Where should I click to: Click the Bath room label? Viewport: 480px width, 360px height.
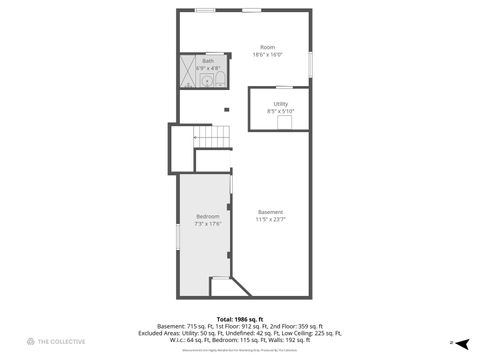[208, 61]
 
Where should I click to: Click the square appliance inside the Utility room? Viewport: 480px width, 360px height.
[284, 121]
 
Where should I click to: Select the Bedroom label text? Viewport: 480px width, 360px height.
[208, 216]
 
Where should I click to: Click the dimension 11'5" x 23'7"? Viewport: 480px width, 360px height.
[271, 218]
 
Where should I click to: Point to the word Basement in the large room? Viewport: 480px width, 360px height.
[271, 211]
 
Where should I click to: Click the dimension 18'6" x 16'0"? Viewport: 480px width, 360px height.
[267, 54]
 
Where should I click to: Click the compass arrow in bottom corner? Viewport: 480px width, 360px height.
[452, 342]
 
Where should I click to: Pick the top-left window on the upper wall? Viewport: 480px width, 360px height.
[205, 10]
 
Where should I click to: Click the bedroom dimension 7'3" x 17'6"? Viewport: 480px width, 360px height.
[208, 223]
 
